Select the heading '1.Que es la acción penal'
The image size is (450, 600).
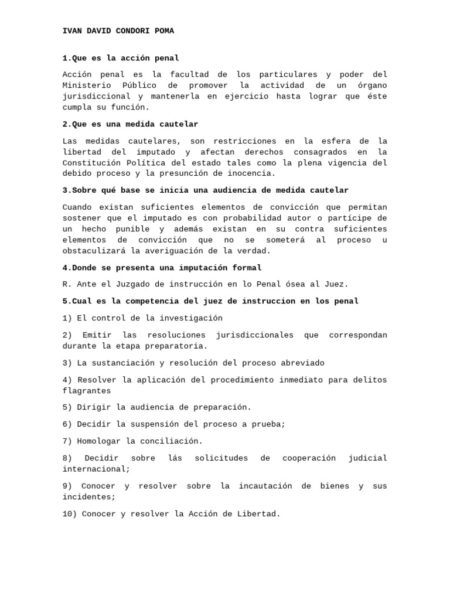121,58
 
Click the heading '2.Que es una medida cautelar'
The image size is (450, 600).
130,124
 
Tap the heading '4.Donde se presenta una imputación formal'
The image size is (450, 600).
162,268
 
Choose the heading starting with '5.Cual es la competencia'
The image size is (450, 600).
210,301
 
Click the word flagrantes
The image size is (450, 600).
87,391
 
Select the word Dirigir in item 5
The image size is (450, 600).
94,407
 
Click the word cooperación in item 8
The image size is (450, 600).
309,458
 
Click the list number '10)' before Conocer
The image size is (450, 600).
70,514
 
